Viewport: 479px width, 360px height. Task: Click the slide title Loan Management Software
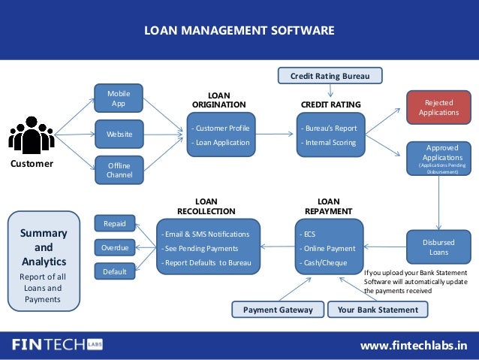pyautogui.click(x=239, y=31)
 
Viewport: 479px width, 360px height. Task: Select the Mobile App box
pyautogui.click(x=119, y=98)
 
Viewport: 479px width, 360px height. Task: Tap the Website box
pyautogui.click(x=119, y=134)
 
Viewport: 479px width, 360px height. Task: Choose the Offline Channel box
pyautogui.click(x=119, y=170)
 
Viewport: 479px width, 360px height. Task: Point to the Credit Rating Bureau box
pyautogui.click(x=330, y=75)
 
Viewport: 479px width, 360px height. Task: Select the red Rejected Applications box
pyautogui.click(x=439, y=107)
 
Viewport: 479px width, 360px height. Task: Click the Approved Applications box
pyautogui.click(x=439, y=159)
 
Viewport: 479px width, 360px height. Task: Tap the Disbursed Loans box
pyautogui.click(x=439, y=247)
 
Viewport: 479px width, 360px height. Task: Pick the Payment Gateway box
pyautogui.click(x=278, y=309)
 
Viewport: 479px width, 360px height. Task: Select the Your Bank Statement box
pyautogui.click(x=378, y=309)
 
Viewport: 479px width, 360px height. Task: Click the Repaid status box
pyautogui.click(x=115, y=223)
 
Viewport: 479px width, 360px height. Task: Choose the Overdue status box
pyautogui.click(x=115, y=247)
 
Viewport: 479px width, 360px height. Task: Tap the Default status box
pyautogui.click(x=115, y=271)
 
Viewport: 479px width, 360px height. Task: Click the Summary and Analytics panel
pyautogui.click(x=44, y=260)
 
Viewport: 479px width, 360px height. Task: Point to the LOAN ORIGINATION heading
pyautogui.click(x=218, y=100)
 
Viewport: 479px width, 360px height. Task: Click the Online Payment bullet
pyautogui.click(x=329, y=248)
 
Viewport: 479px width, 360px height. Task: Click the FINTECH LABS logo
pyautogui.click(x=56, y=345)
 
